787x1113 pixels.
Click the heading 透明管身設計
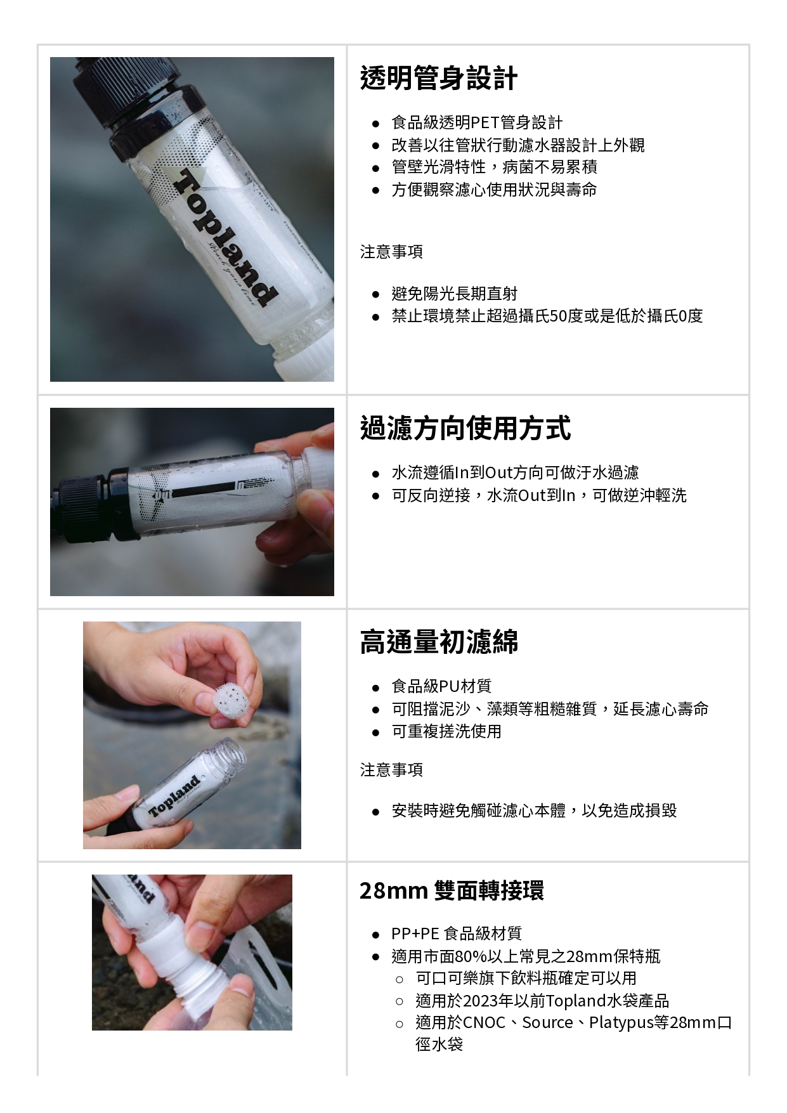(438, 79)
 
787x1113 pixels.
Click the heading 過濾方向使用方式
(465, 428)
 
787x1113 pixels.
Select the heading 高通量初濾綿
(438, 642)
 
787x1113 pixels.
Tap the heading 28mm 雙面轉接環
(452, 890)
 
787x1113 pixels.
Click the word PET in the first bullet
(485, 122)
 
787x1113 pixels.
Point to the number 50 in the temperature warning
(558, 316)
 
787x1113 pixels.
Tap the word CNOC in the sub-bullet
(484, 1023)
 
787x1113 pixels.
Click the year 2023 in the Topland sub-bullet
(480, 1001)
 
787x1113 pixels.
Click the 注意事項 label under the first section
(391, 252)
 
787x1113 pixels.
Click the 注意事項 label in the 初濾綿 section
(391, 770)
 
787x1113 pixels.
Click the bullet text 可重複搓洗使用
(446, 731)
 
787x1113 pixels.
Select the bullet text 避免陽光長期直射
(454, 294)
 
